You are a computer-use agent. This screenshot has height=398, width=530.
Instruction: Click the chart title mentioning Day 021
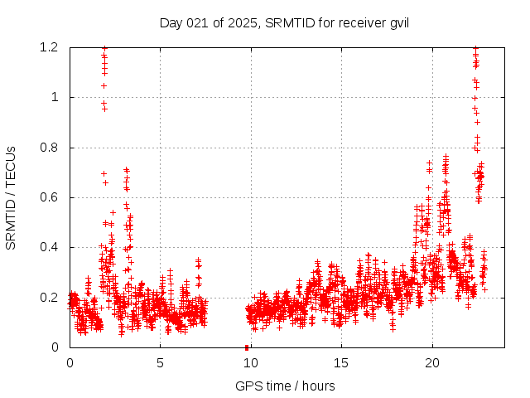pyautogui.click(x=284, y=22)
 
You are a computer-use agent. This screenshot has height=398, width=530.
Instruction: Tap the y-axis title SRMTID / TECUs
pyautogui.click(x=11, y=197)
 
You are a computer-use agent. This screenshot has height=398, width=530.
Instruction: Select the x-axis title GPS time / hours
pyautogui.click(x=284, y=386)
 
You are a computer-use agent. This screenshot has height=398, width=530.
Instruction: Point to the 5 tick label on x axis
pyautogui.click(x=160, y=362)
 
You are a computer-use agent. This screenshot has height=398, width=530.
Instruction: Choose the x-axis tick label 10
pyautogui.click(x=250, y=362)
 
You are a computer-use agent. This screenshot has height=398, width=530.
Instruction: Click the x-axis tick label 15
pyautogui.click(x=341, y=362)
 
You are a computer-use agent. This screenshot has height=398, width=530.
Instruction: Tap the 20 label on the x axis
pyautogui.click(x=431, y=362)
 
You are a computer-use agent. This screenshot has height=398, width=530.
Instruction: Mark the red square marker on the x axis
pyautogui.click(x=247, y=347)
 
